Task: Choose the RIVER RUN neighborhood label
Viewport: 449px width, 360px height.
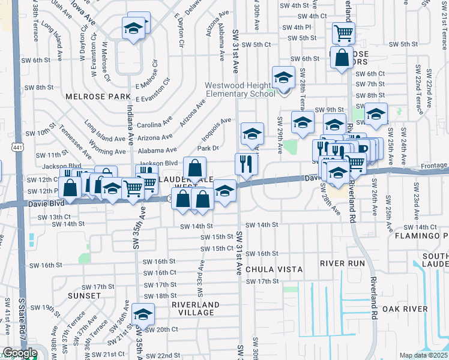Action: [x=342, y=263]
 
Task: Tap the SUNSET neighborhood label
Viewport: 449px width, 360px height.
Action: [x=85, y=296]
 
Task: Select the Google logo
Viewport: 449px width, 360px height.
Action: [x=20, y=353]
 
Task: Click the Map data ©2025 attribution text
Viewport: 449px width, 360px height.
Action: [x=424, y=355]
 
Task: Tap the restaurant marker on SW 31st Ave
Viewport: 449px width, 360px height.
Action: [x=246, y=164]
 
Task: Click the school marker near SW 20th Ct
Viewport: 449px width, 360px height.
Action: [x=143, y=314]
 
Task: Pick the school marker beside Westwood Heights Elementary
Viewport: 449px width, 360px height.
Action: [x=282, y=77]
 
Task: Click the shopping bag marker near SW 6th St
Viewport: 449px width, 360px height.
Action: [x=342, y=58]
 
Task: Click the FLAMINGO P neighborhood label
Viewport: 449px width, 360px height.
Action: [x=428, y=236]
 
